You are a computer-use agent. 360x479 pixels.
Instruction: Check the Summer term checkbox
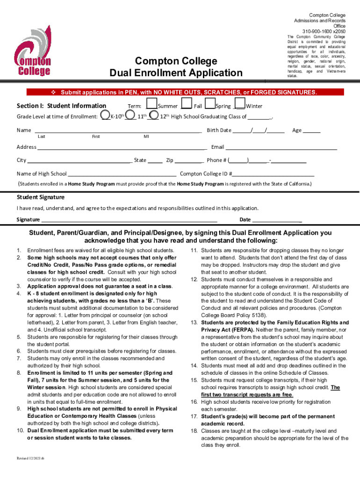click(x=151, y=104)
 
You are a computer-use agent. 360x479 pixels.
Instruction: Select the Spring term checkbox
click(x=210, y=104)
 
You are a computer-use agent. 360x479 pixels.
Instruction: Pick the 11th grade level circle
click(x=131, y=115)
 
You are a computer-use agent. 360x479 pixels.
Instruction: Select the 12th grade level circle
click(x=153, y=115)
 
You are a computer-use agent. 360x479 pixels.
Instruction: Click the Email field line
click(x=281, y=147)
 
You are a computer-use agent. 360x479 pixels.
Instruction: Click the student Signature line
click(x=129, y=220)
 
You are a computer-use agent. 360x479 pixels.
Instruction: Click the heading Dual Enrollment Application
click(x=176, y=73)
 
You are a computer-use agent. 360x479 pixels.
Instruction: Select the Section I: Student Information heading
click(x=61, y=106)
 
